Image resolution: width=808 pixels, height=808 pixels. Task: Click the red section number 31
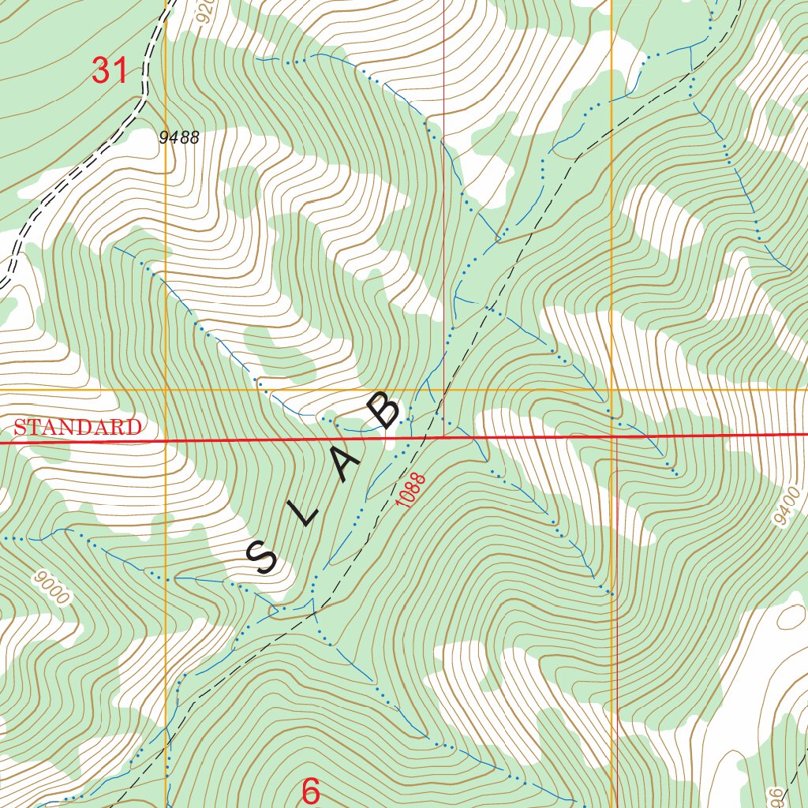110,70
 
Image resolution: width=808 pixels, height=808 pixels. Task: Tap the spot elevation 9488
179,138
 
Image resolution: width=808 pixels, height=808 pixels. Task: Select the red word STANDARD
77,428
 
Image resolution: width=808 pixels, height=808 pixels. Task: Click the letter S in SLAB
262,557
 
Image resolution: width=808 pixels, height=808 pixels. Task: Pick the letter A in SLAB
346,466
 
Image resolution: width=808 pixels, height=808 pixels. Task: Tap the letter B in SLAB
386,412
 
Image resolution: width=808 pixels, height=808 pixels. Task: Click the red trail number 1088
412,490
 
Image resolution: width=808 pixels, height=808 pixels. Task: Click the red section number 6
311,791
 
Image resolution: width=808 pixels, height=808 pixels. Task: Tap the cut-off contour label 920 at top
207,11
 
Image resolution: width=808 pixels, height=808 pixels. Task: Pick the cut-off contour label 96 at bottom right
777,795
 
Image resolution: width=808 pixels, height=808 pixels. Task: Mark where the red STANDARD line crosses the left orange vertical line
166,441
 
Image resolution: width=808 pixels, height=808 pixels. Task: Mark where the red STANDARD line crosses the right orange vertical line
613,436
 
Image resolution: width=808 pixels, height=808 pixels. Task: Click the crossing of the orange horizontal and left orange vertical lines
166,391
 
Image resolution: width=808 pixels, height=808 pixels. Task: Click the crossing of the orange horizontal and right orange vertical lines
612,390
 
